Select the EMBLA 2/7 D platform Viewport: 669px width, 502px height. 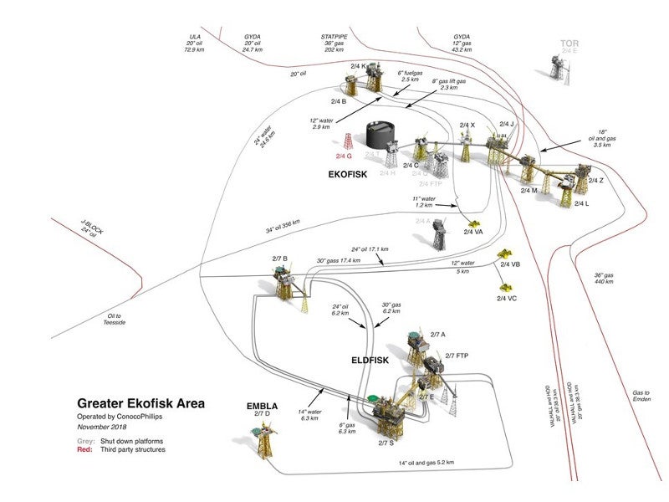[258, 433]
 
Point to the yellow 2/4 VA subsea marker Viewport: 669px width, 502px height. [473, 224]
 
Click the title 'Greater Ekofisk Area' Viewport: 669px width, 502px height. [141, 402]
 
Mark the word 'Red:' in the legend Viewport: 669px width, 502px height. [86, 450]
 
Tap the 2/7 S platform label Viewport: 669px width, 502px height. [386, 443]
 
